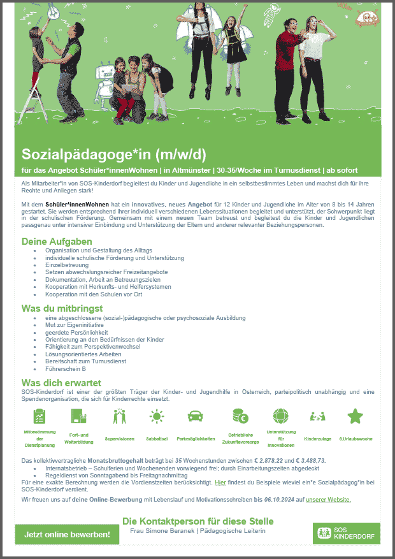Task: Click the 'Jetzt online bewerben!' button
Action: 67,534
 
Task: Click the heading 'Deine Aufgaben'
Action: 57,242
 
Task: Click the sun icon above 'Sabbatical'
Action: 155,416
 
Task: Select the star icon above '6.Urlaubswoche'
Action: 355,416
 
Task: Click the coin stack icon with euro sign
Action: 240,416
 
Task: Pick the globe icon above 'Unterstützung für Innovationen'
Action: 280,416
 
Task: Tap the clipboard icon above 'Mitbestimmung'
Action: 39,416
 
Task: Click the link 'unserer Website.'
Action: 328,499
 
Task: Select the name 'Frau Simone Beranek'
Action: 156,531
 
